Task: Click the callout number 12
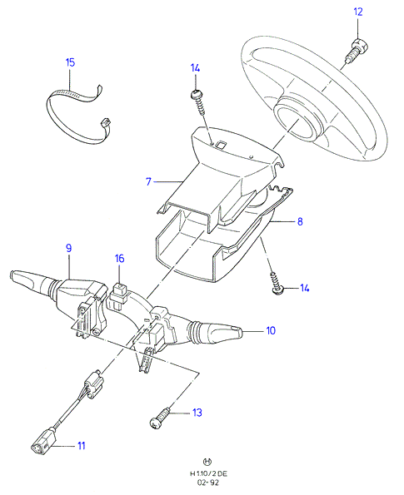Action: [358, 12]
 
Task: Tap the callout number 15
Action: [70, 62]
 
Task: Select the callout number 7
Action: [148, 181]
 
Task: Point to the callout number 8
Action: [300, 221]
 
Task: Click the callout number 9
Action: [68, 248]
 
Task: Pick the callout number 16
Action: [119, 259]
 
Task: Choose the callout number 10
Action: [271, 330]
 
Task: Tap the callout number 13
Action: [197, 413]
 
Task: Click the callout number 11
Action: [82, 446]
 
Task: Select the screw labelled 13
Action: [160, 419]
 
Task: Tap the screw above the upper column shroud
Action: [198, 101]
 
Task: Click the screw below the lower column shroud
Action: [277, 284]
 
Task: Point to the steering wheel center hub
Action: [296, 121]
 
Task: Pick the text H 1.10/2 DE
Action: [208, 473]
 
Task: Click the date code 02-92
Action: [208, 483]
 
